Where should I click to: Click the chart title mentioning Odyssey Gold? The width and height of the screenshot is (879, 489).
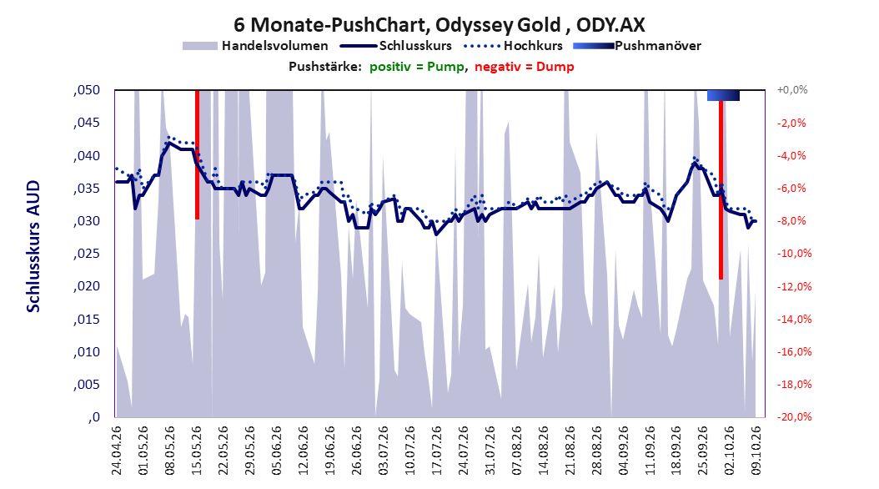click(439, 25)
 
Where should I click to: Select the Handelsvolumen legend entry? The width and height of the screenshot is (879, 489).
click(256, 46)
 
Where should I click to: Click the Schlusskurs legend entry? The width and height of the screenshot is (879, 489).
click(396, 46)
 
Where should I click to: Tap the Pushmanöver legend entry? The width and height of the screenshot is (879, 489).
click(637, 46)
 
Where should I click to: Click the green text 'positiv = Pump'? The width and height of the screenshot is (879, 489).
click(417, 67)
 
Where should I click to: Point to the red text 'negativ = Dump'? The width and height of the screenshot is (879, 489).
click(525, 67)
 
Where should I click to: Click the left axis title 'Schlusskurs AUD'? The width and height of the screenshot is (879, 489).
click(33, 247)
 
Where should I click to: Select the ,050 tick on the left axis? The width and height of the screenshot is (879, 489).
click(87, 90)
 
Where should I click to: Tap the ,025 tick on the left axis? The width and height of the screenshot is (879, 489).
click(87, 254)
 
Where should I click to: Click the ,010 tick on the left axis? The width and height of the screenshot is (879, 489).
click(87, 352)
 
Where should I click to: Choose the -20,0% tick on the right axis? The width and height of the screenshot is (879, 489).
click(794, 416)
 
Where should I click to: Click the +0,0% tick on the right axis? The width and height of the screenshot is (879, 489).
click(792, 90)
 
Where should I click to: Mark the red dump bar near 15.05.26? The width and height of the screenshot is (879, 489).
click(198, 154)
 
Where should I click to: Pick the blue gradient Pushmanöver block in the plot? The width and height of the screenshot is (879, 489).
click(723, 95)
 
